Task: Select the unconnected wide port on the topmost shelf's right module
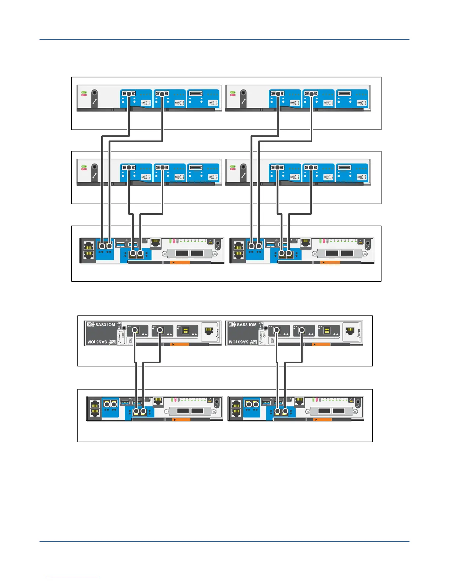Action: point(344,94)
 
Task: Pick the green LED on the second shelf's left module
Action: point(84,166)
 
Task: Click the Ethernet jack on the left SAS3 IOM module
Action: point(209,331)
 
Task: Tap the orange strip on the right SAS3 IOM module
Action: point(321,344)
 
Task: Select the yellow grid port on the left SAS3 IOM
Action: point(186,330)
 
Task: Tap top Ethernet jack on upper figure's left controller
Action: point(88,245)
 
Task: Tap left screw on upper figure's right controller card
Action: point(315,253)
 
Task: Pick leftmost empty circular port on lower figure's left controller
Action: point(107,404)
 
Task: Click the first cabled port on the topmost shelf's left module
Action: point(129,94)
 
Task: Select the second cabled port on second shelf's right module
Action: point(311,167)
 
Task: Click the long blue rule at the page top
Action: point(224,39)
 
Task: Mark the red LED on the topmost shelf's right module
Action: point(233,95)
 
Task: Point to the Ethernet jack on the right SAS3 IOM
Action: point(350,331)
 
